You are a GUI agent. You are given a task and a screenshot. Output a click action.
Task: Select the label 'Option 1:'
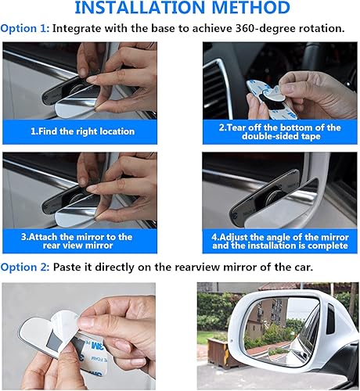pos(26,28)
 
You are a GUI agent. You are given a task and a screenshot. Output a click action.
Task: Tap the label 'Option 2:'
pos(26,267)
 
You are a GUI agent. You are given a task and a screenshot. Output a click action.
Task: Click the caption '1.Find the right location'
pos(82,131)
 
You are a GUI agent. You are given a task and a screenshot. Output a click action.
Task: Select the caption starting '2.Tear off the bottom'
pos(279,131)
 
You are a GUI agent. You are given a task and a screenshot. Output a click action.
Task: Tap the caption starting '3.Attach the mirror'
pos(82,241)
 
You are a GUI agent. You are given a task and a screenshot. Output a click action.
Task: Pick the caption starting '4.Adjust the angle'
pos(279,241)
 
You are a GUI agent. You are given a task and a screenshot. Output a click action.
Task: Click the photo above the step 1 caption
pos(82,78)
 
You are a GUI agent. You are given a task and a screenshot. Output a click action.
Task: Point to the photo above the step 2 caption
pos(279,78)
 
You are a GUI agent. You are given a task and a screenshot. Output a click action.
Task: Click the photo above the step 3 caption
pos(82,188)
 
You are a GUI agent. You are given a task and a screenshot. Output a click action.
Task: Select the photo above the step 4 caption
pos(279,188)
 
